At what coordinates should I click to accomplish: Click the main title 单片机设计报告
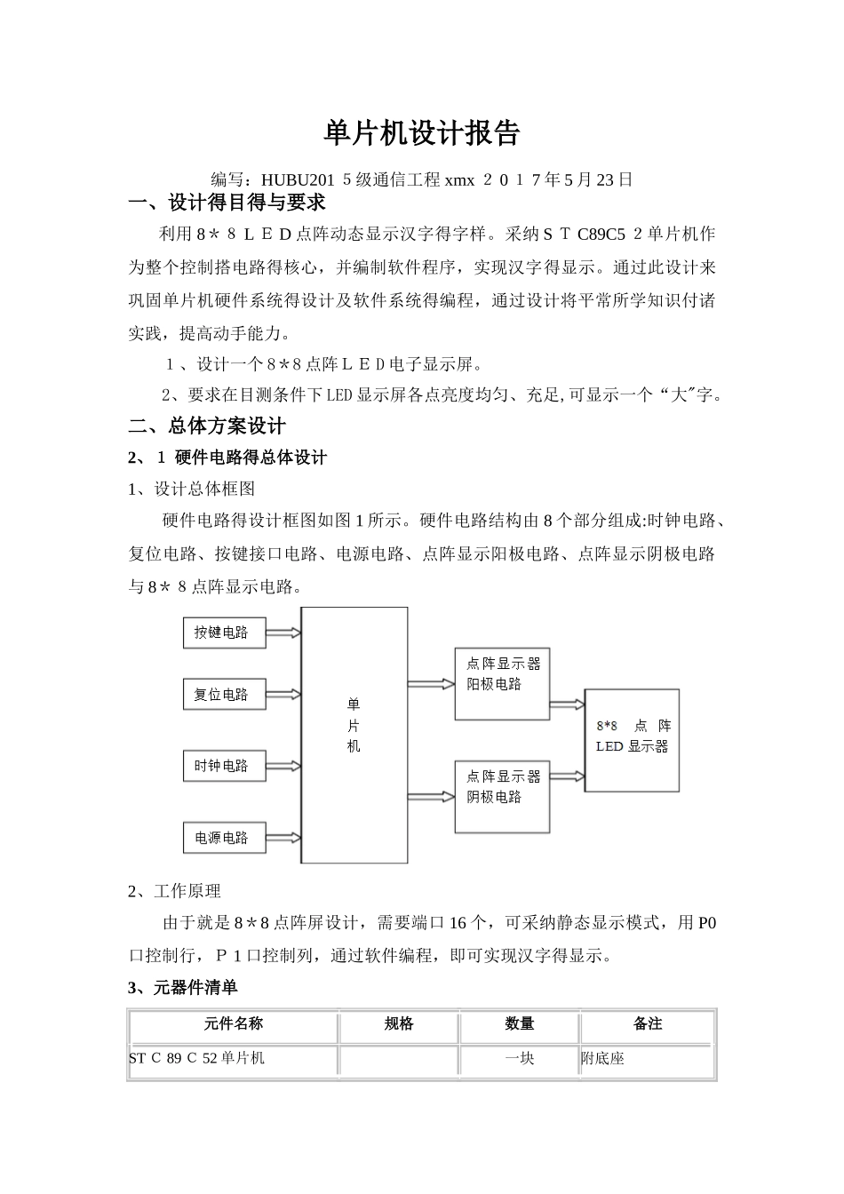(421, 133)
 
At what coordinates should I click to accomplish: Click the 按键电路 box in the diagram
(224, 633)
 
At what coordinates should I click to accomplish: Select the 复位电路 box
(224, 695)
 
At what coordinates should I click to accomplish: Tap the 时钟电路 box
(224, 766)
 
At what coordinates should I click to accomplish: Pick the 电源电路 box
(224, 837)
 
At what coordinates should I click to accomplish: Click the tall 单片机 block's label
(354, 725)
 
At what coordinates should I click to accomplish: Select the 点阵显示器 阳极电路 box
(502, 684)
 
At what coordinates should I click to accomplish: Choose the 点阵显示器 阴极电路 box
(502, 796)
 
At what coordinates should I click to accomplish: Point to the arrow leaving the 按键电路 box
(283, 633)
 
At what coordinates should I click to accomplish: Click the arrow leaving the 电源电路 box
(283, 837)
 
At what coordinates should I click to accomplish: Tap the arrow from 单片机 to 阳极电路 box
(431, 684)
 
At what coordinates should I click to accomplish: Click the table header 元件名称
(234, 1023)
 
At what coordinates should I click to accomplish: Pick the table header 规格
(399, 1023)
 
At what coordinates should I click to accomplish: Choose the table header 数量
(520, 1023)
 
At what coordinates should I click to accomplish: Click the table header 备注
(648, 1023)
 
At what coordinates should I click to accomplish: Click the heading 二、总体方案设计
(208, 426)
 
